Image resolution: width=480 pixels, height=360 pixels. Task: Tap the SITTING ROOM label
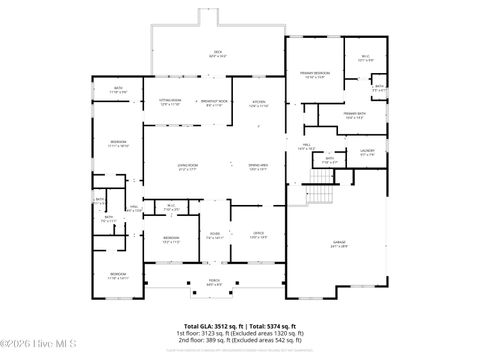pos(169,101)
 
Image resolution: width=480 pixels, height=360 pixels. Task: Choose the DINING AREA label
pos(258,165)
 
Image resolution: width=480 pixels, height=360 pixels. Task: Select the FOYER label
pos(214,234)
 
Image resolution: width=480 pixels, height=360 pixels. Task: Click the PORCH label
pos(214,281)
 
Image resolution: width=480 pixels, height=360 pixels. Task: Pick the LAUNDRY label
pos(367,152)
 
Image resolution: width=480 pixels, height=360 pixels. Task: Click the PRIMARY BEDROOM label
pos(314,74)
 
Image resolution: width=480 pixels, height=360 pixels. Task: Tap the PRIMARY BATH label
pos(356,114)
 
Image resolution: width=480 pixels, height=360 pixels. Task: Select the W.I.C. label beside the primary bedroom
pos(366,58)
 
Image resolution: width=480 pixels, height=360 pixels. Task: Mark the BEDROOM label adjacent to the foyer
pos(171,237)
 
